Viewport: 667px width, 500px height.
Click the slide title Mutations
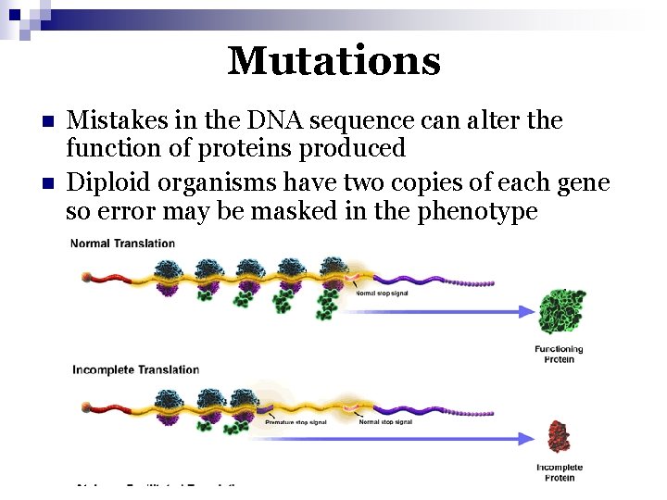click(333, 61)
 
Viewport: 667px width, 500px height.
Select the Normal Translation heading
click(123, 244)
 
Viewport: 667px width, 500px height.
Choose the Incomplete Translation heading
click(136, 369)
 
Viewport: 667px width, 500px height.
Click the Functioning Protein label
click(559, 354)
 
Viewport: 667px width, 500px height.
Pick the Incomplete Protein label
click(559, 473)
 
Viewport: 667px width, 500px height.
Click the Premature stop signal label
click(296, 422)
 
